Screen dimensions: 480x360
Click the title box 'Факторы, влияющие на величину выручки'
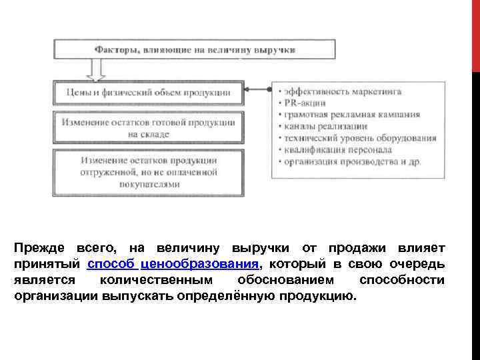(x=196, y=49)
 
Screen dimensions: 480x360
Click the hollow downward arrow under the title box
(x=98, y=70)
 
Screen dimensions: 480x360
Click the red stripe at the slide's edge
(x=475, y=33)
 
